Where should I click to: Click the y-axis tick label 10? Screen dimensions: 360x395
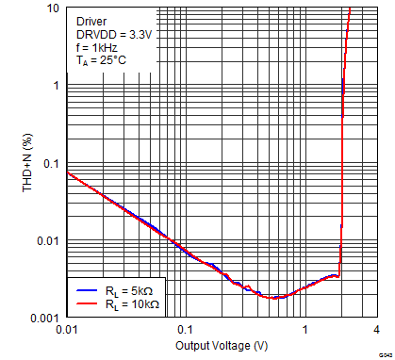tap(53, 8)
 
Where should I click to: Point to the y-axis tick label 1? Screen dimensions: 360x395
tap(56, 85)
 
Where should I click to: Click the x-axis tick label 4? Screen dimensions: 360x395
tap(375, 330)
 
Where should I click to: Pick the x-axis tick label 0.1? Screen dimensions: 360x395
tap(185, 330)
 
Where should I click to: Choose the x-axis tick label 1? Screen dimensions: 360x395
tap(304, 330)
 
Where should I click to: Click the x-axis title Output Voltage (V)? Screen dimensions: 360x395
tap(221, 346)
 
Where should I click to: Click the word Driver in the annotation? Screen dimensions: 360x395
tap(91, 19)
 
